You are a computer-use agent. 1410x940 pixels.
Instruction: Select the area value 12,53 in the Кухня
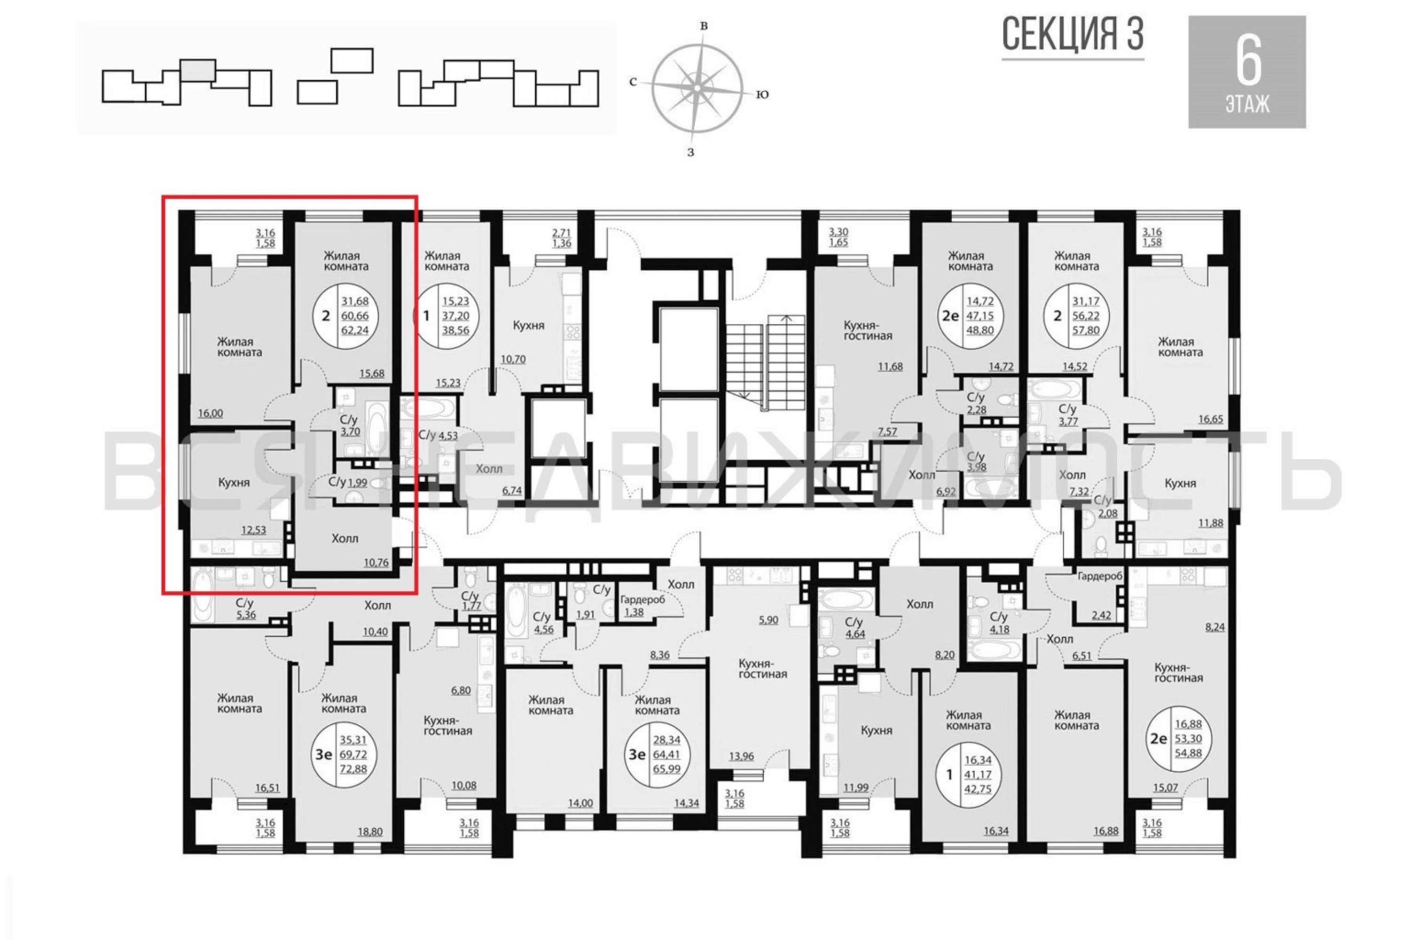click(254, 530)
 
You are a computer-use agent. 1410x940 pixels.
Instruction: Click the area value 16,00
click(211, 413)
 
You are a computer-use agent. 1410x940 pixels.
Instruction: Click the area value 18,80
click(370, 832)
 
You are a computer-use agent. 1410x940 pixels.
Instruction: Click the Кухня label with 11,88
click(1180, 483)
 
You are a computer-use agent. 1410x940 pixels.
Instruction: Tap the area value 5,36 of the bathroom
click(246, 614)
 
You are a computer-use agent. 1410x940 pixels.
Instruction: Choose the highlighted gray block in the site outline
click(198, 70)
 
